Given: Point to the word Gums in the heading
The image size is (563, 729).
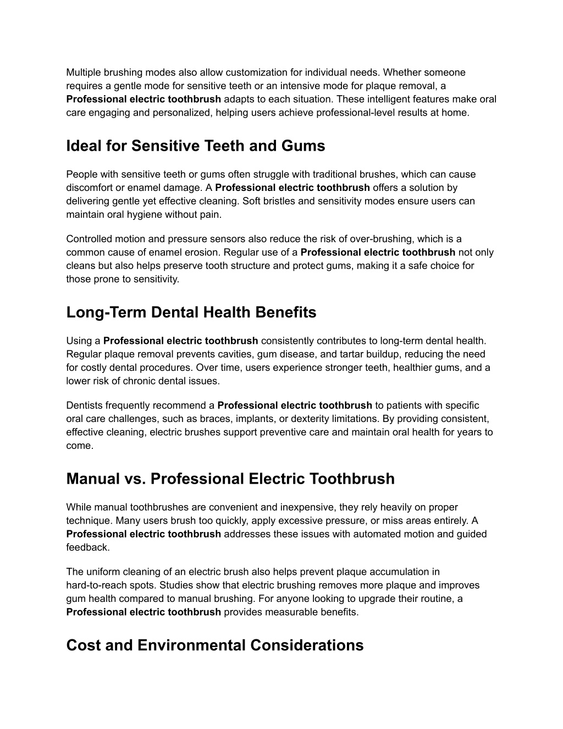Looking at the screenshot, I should pyautogui.click(x=305, y=146).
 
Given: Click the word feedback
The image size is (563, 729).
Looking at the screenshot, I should pyautogui.click(x=87, y=547).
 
